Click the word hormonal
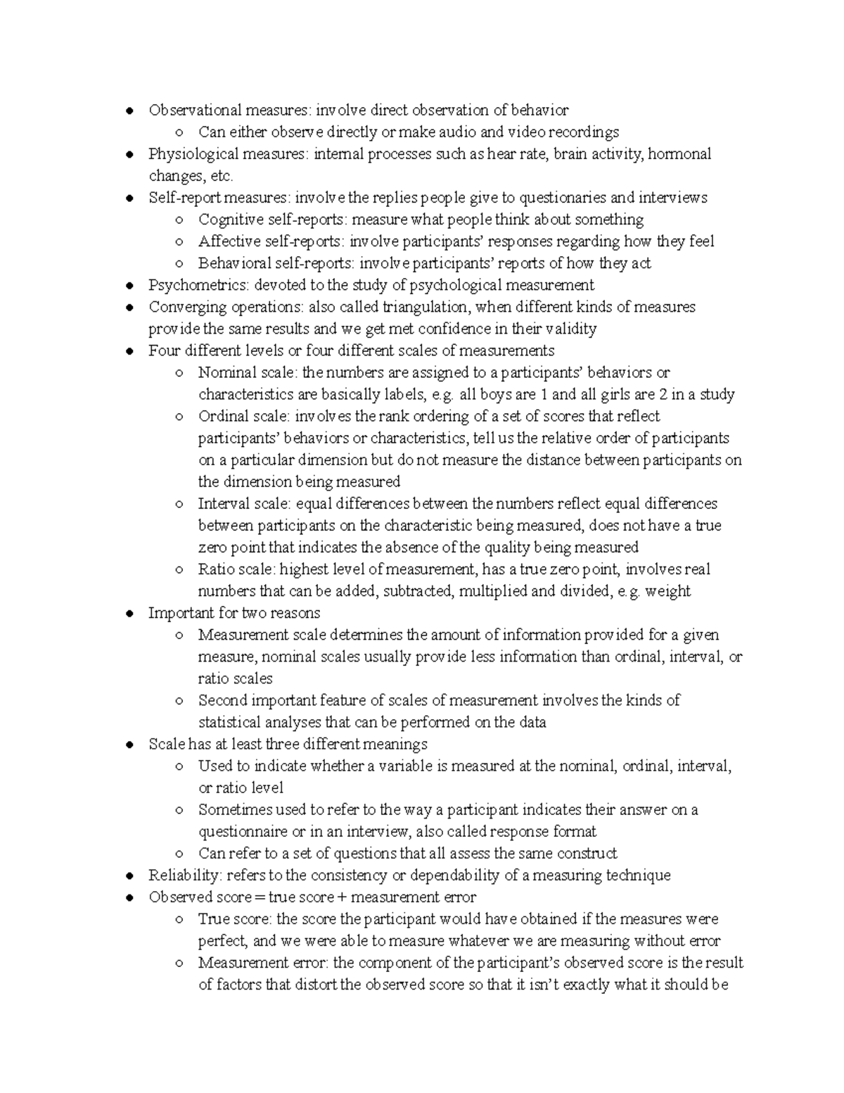click(x=679, y=154)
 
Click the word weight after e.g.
click(x=667, y=591)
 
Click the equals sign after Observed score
click(x=260, y=897)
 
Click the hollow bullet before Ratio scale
click(x=180, y=570)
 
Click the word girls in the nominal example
click(x=600, y=394)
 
